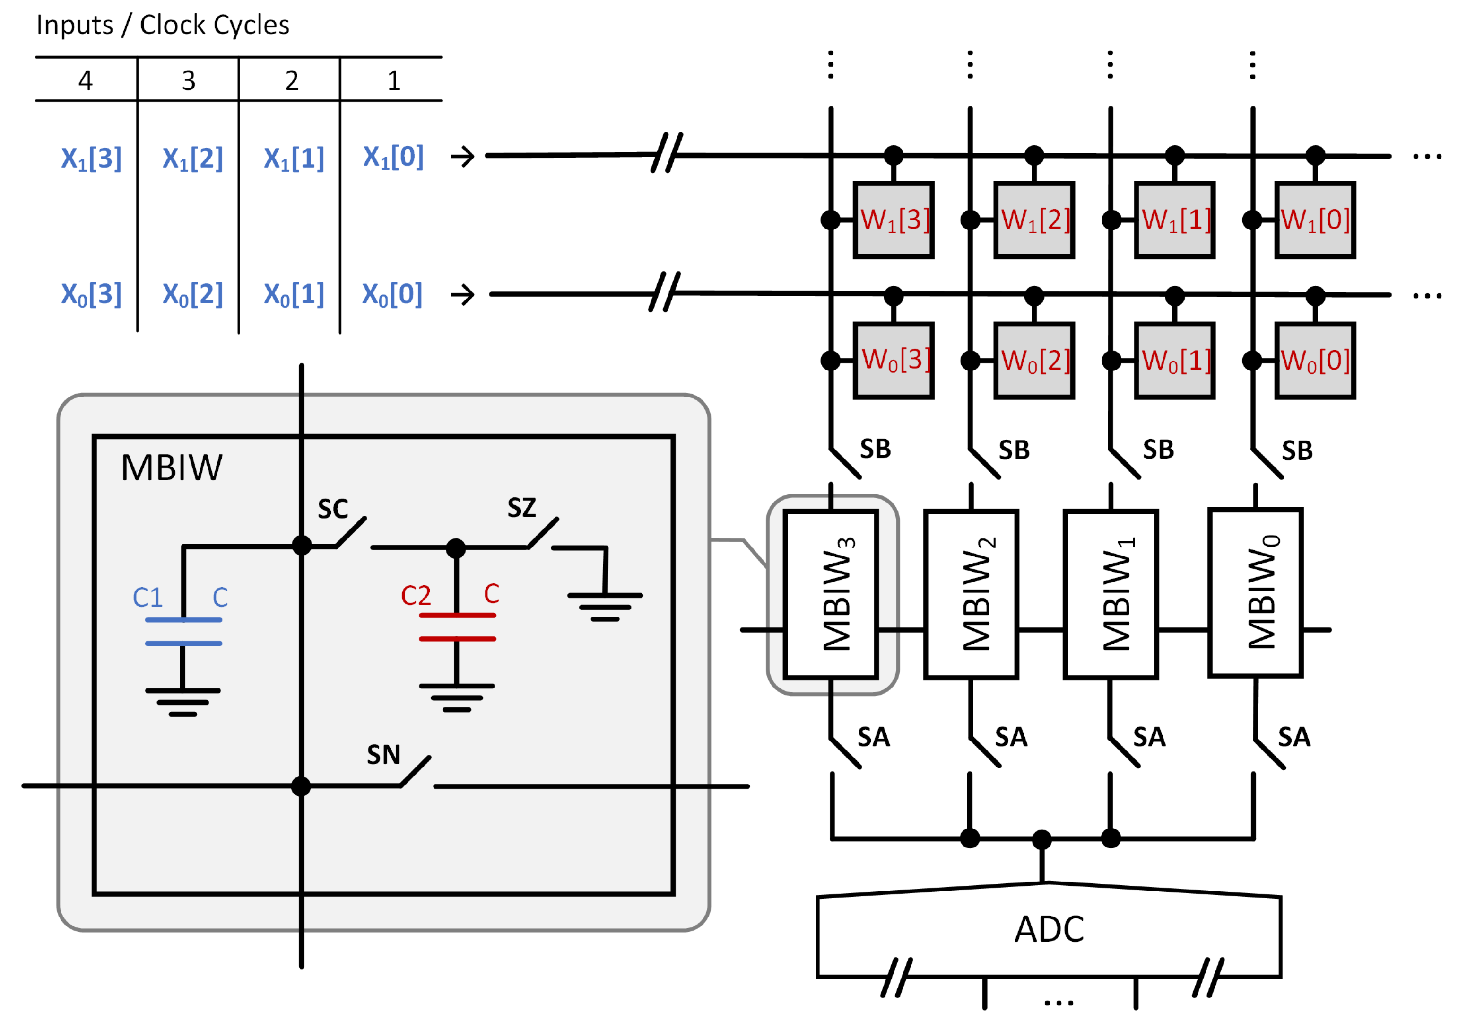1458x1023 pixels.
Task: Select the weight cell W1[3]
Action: [x=894, y=220]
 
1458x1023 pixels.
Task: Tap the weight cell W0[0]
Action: [x=1315, y=361]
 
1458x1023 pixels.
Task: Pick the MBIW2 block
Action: [x=971, y=595]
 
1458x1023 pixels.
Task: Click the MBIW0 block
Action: [x=1256, y=593]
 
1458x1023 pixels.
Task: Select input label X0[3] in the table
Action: [x=91, y=295]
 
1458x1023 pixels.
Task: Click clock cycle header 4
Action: [x=85, y=81]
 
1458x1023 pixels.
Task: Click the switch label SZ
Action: [x=521, y=508]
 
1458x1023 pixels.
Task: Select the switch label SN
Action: [x=383, y=755]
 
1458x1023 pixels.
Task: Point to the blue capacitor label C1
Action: [x=148, y=597]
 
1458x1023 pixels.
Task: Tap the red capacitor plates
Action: [x=457, y=627]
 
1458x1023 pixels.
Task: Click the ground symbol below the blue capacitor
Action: [x=183, y=702]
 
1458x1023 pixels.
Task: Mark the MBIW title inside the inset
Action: [x=172, y=468]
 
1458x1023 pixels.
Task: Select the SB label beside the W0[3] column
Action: [x=875, y=449]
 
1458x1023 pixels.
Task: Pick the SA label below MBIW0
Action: [x=1294, y=738]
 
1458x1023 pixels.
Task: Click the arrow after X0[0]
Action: [x=462, y=295]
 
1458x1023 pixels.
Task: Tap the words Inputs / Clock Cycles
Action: [x=163, y=26]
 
